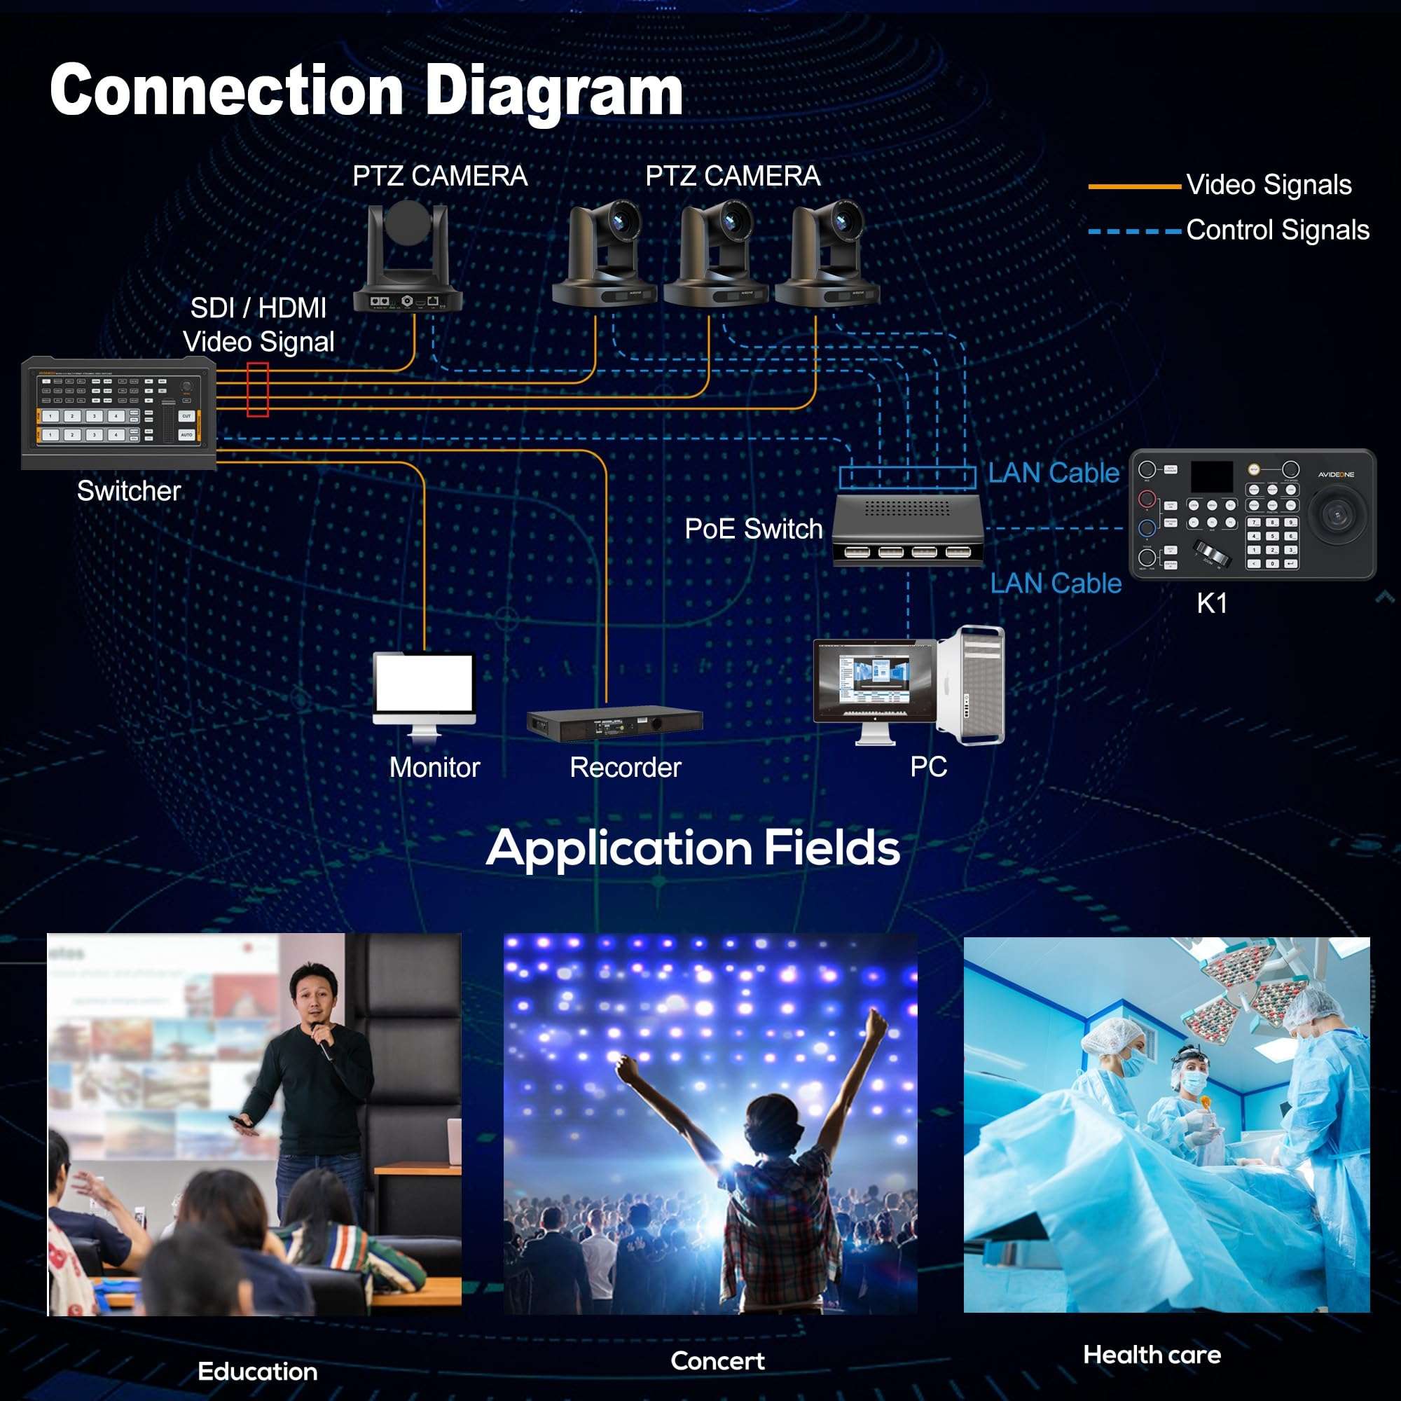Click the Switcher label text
click(x=129, y=491)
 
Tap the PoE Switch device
click(x=907, y=530)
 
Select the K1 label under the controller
click(x=1212, y=603)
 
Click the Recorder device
click(x=614, y=723)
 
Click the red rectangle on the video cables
click(x=257, y=390)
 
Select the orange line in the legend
click(x=1134, y=186)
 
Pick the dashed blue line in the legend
click(x=1134, y=232)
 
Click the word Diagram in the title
click(x=553, y=90)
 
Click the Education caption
click(x=257, y=1372)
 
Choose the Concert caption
click(x=717, y=1360)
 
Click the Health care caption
click(x=1152, y=1355)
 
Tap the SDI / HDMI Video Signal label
click(x=259, y=324)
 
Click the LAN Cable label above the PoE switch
click(x=1054, y=473)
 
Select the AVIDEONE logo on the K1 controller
click(x=1336, y=474)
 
